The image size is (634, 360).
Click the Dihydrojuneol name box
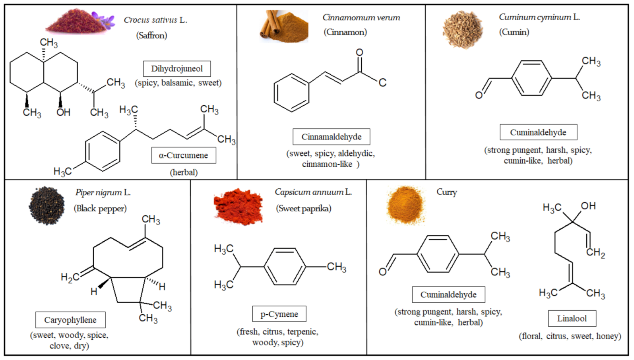(x=177, y=69)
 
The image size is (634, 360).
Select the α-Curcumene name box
(x=184, y=155)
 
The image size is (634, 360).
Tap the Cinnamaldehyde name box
(x=331, y=137)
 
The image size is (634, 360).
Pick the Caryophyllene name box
(x=70, y=320)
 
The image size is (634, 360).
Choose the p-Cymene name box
(x=279, y=314)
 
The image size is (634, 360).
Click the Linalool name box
(x=572, y=318)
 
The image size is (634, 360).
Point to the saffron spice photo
(x=80, y=22)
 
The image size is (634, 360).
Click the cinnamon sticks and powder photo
(x=284, y=26)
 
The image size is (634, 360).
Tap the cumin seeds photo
(x=463, y=30)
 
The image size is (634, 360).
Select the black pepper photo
(x=47, y=205)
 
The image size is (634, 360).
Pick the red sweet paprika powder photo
(x=238, y=206)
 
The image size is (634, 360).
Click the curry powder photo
(x=405, y=205)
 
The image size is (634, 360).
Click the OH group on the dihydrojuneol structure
(x=63, y=112)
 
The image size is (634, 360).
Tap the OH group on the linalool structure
(x=588, y=206)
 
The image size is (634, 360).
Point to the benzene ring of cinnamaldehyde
(x=291, y=93)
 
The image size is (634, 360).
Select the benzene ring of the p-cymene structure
(x=285, y=267)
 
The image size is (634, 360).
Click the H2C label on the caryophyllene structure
(x=70, y=277)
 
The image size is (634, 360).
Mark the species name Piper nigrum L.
(x=103, y=192)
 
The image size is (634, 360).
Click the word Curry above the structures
(x=447, y=192)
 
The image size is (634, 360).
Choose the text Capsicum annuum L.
(x=313, y=192)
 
